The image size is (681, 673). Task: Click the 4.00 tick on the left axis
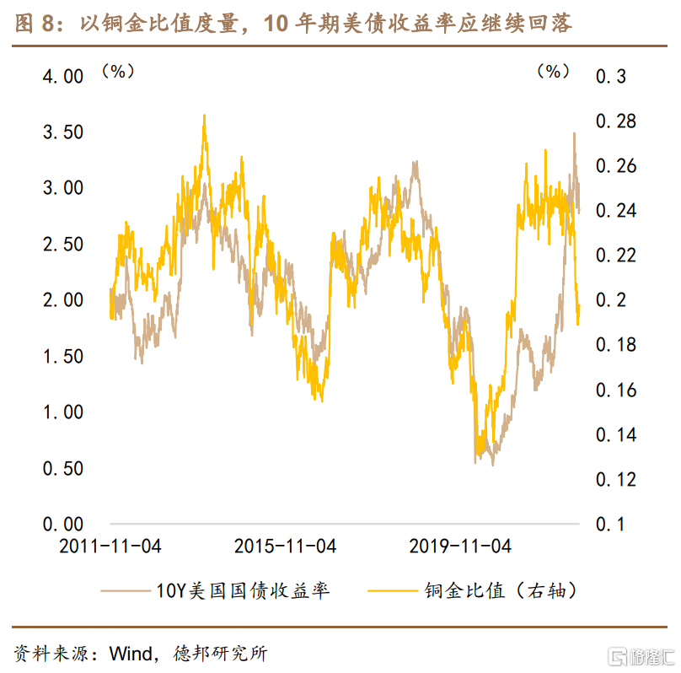point(51,77)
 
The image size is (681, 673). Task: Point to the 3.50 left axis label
point(51,132)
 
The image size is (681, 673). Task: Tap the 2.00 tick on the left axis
point(51,300)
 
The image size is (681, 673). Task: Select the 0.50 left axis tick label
point(51,468)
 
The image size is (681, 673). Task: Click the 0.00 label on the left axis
point(51,524)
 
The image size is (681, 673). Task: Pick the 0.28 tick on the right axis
point(616,121)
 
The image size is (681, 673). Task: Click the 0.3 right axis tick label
point(611,77)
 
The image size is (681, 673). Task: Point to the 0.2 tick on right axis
point(611,300)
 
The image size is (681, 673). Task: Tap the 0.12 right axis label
point(616,479)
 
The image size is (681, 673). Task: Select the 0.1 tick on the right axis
point(611,524)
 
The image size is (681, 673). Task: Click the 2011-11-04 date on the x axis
point(110,546)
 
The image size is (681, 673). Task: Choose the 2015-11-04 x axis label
point(285,546)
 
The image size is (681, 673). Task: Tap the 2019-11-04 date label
point(460,546)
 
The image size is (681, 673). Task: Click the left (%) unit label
point(118,72)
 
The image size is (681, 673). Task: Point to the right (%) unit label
point(553,72)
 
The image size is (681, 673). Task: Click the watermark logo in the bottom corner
point(642,655)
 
